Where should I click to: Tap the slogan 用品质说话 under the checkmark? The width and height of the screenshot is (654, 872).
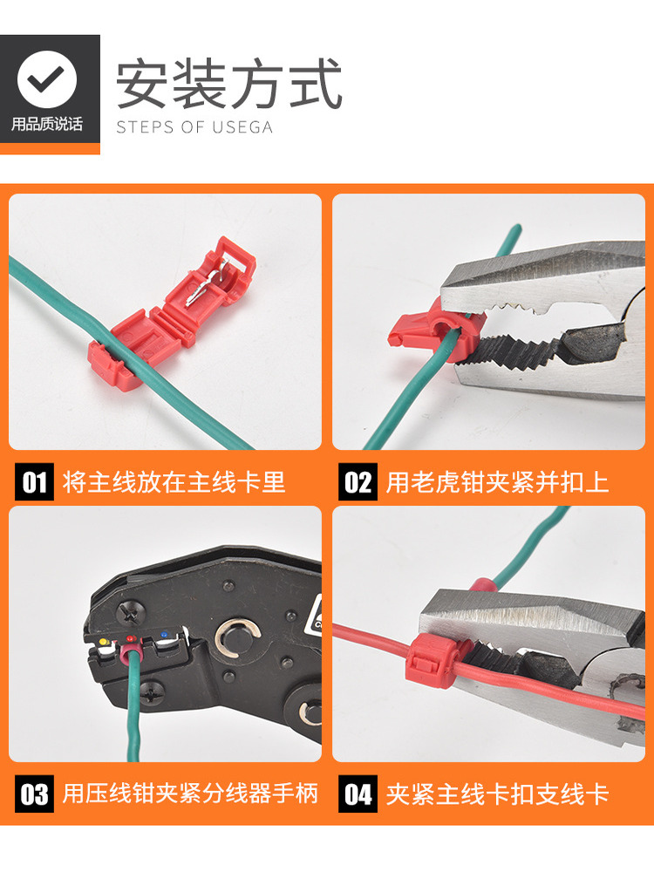click(47, 125)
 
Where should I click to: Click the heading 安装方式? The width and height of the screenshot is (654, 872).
click(229, 84)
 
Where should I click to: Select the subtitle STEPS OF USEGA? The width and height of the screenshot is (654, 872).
click(194, 127)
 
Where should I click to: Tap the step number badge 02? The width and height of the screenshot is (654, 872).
click(358, 482)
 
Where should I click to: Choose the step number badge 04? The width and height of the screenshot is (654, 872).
click(358, 794)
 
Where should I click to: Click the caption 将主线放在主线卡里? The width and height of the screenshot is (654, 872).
click(174, 482)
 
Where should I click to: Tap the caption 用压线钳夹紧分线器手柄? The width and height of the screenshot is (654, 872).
click(190, 794)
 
